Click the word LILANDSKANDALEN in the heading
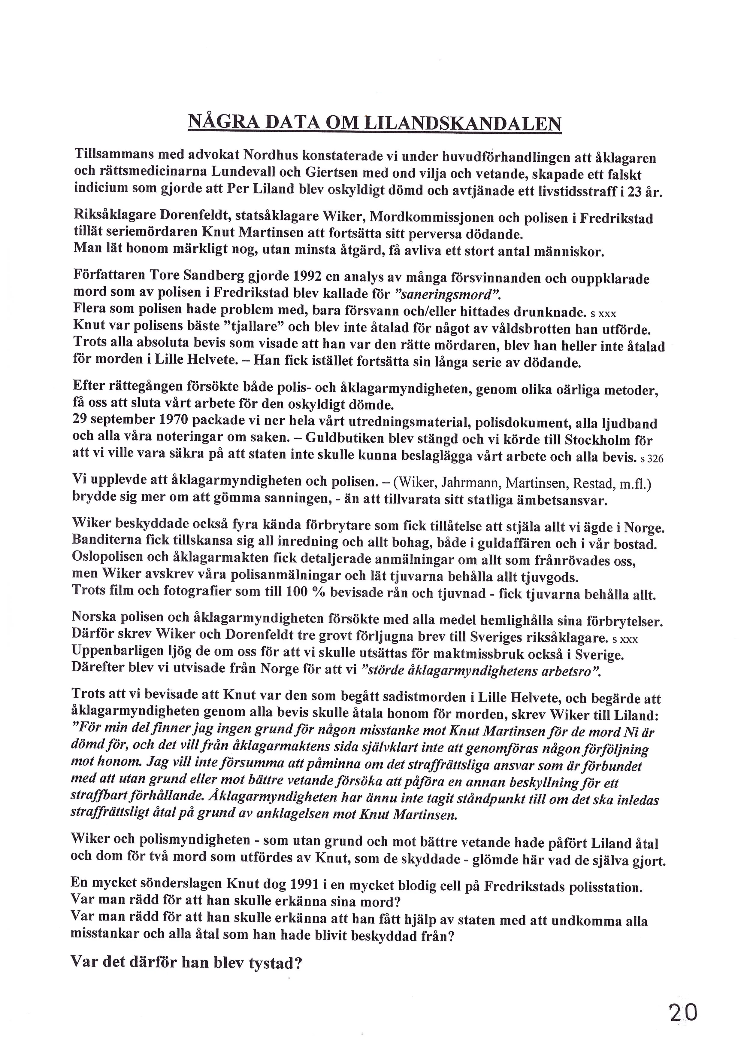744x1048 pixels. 462,124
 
